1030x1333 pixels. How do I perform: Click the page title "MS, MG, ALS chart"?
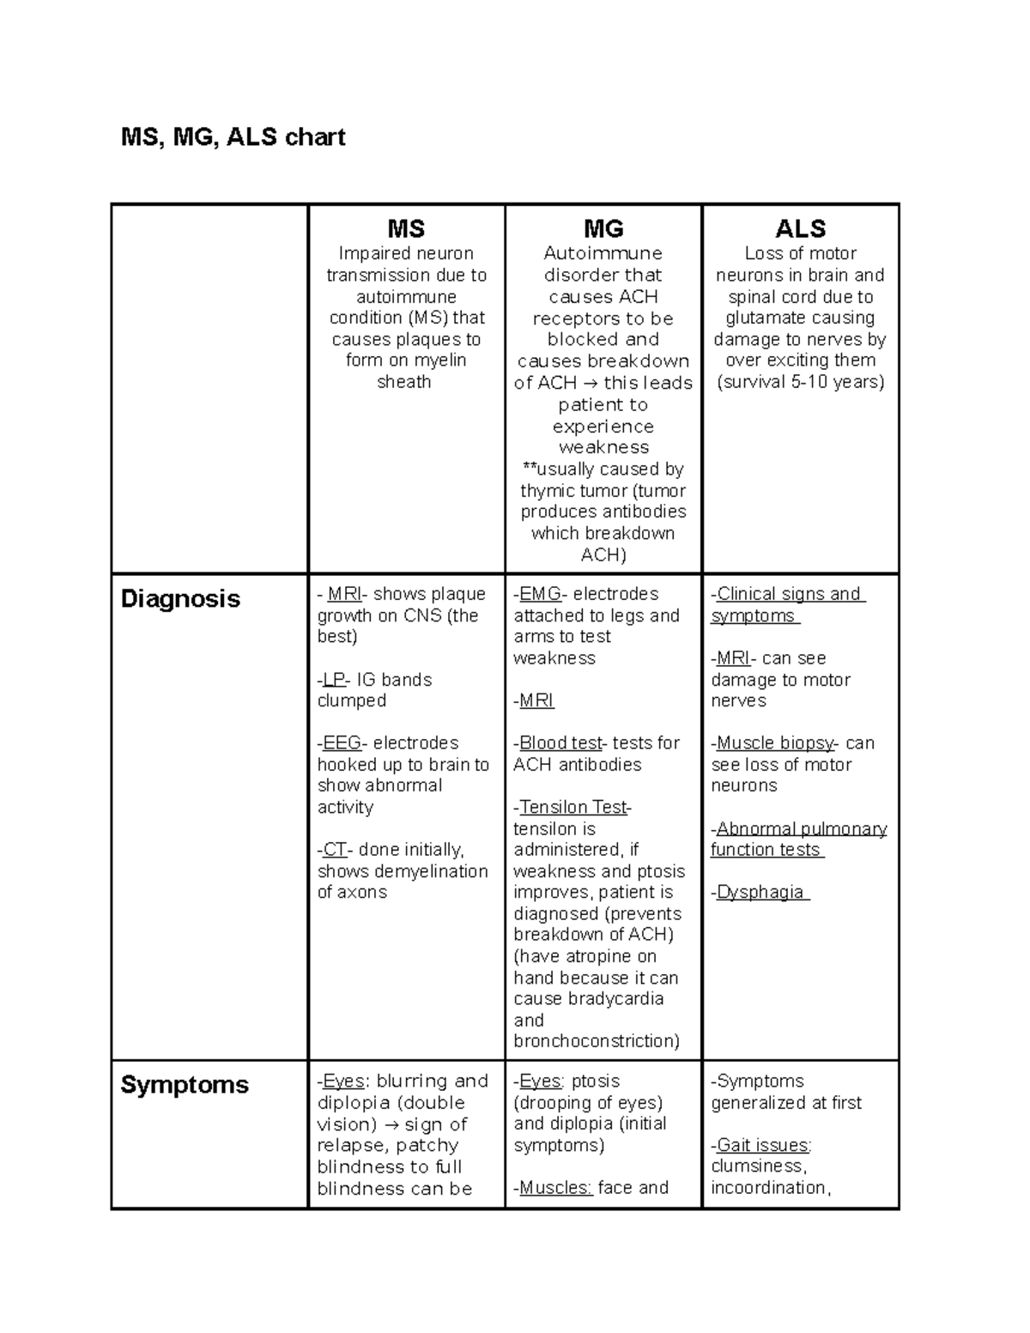pyautogui.click(x=233, y=137)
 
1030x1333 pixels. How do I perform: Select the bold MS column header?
pyautogui.click(x=406, y=228)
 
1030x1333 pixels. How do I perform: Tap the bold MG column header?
pyautogui.click(x=603, y=228)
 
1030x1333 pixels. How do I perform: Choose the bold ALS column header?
pyautogui.click(x=800, y=228)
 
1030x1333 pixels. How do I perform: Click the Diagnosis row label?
pyautogui.click(x=180, y=598)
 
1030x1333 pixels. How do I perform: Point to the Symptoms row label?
pyautogui.click(x=185, y=1084)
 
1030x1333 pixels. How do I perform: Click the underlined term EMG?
pyautogui.click(x=540, y=594)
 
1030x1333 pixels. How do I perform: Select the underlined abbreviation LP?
pyautogui.click(x=333, y=680)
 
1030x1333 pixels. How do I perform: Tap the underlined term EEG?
pyautogui.click(x=342, y=742)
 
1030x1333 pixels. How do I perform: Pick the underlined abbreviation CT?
pyautogui.click(x=334, y=850)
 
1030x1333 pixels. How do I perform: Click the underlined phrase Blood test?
pyautogui.click(x=560, y=742)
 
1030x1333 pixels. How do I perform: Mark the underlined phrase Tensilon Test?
pyautogui.click(x=573, y=807)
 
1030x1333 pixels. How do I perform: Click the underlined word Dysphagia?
pyautogui.click(x=760, y=892)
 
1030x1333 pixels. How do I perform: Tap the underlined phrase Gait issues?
pyautogui.click(x=762, y=1145)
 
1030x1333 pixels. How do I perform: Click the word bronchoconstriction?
pyautogui.click(x=597, y=1041)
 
